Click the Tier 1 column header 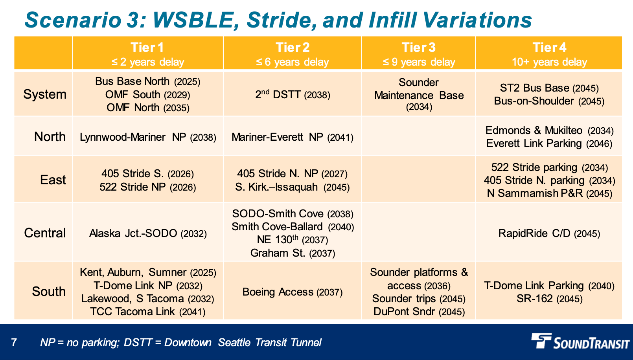click(x=147, y=54)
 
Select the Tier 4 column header click(x=549, y=54)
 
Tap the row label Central click(x=45, y=233)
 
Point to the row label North click(x=50, y=137)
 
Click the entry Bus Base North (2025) click(x=147, y=81)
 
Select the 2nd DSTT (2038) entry click(x=293, y=94)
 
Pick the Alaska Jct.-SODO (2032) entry click(x=148, y=233)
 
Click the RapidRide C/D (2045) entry click(x=549, y=233)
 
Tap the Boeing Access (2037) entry click(x=293, y=292)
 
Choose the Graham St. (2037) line click(x=293, y=253)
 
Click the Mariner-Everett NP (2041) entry click(x=293, y=137)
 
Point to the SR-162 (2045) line click(x=549, y=299)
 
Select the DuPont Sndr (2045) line click(x=419, y=312)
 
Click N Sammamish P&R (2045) click(x=549, y=194)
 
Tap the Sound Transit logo click(x=580, y=342)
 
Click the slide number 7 click(x=14, y=342)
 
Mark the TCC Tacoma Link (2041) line click(x=147, y=312)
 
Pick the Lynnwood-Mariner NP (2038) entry click(x=148, y=137)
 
